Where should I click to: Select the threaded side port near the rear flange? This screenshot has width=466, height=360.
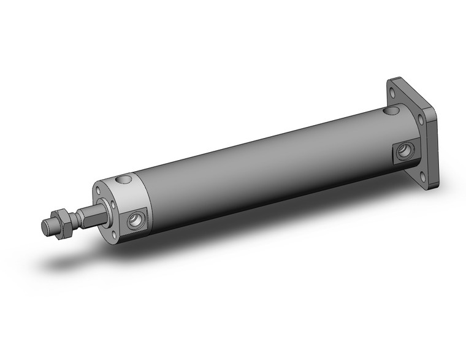[405, 150]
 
